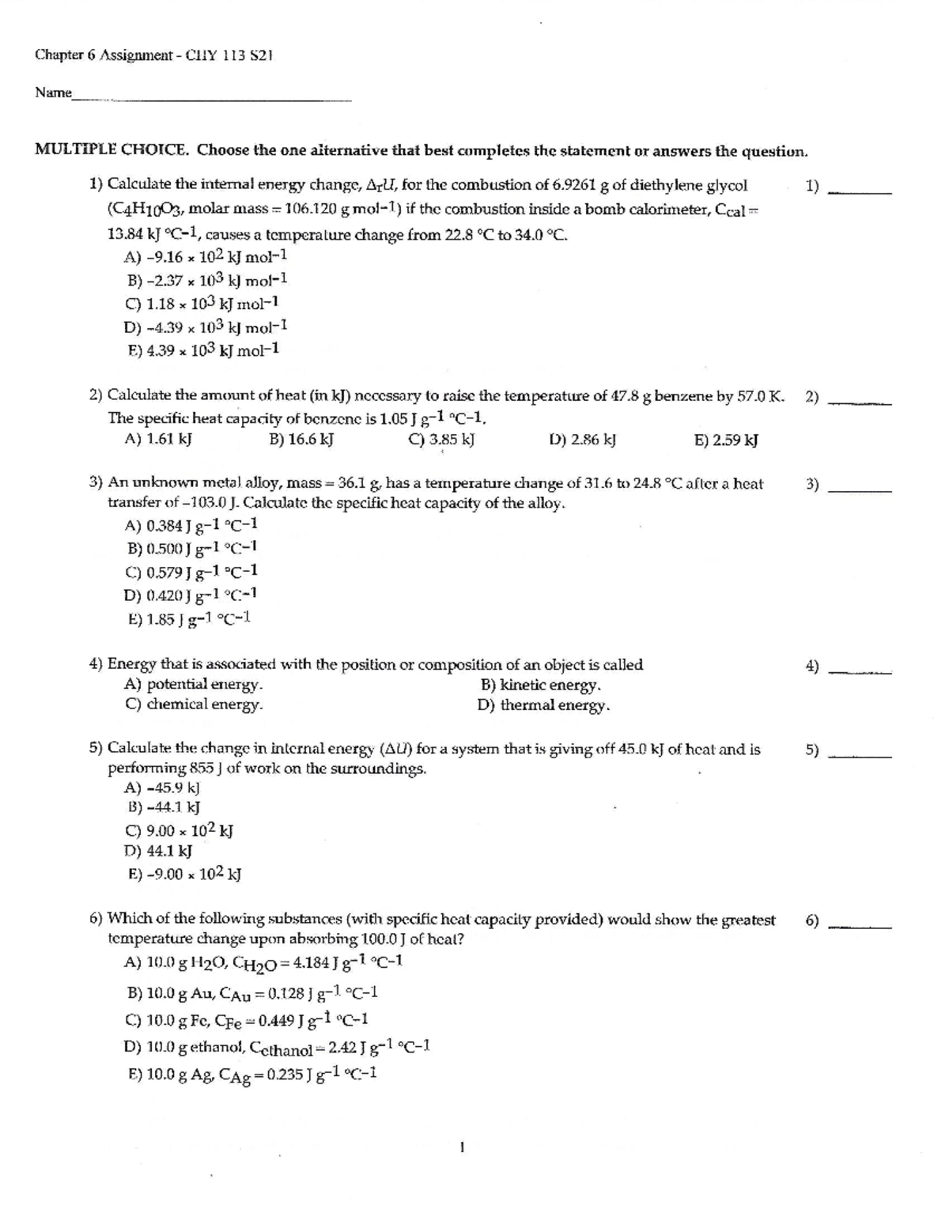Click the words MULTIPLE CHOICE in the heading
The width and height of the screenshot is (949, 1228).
pyautogui.click(x=112, y=150)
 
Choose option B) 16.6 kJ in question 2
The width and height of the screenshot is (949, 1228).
pyautogui.click(x=301, y=440)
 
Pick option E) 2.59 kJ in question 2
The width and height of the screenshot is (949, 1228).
pyautogui.click(x=725, y=440)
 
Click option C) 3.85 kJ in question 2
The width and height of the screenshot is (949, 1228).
pyautogui.click(x=440, y=440)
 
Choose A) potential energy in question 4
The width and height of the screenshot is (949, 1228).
pyautogui.click(x=194, y=685)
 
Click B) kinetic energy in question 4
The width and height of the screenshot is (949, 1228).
pyautogui.click(x=540, y=685)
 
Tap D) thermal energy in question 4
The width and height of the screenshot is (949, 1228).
pyautogui.click(x=543, y=705)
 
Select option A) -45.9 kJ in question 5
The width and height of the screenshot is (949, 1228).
pyautogui.click(x=162, y=788)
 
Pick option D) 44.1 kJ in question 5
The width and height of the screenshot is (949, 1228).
pyautogui.click(x=158, y=851)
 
